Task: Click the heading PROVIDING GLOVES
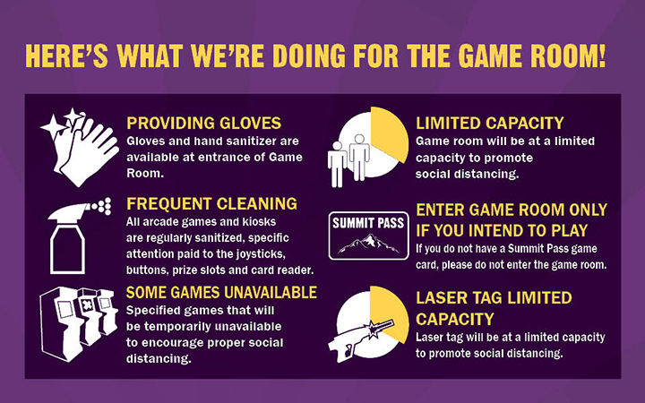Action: [x=203, y=123]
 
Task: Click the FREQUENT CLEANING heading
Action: [x=211, y=203]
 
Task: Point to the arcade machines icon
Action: [x=78, y=324]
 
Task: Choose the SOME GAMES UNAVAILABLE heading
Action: [x=221, y=292]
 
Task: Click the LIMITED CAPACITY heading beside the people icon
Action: [x=489, y=123]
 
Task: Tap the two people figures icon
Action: [x=348, y=160]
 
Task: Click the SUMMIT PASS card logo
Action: [x=368, y=236]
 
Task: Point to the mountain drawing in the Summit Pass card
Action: [x=368, y=244]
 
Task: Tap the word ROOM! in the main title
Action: [x=568, y=56]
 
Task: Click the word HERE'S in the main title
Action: [x=67, y=56]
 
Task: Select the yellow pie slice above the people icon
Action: [x=389, y=133]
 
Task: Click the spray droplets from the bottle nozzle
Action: [x=101, y=206]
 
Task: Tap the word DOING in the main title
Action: [x=308, y=56]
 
